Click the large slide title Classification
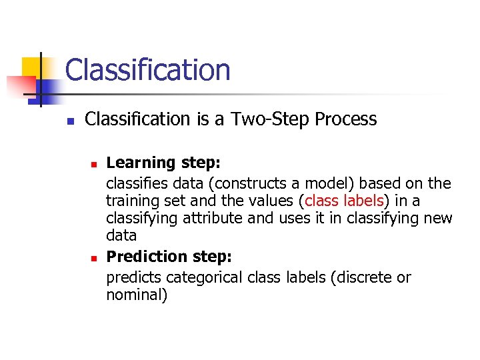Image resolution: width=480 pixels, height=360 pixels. tap(147, 70)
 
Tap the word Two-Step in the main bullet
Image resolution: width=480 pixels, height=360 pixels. tap(270, 119)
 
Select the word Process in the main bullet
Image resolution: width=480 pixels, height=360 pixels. tap(345, 119)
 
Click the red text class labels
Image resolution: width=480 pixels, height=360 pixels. tap(344, 201)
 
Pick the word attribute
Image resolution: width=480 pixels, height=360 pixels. tap(206, 218)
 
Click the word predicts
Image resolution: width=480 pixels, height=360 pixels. tap(133, 277)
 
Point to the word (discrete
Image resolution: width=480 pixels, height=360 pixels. tap(359, 277)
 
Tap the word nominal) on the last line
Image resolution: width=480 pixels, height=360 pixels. tap(137, 295)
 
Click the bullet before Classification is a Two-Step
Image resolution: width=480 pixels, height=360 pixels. tap(69, 121)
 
